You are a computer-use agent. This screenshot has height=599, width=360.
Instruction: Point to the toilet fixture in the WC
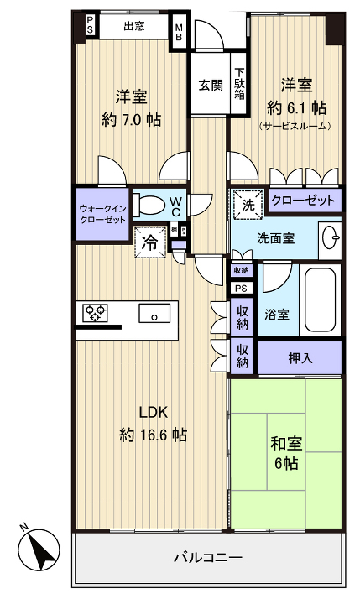click(x=151, y=206)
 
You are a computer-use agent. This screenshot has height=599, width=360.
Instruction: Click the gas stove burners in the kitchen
click(x=96, y=315)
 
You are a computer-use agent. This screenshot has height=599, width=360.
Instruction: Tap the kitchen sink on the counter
click(x=154, y=316)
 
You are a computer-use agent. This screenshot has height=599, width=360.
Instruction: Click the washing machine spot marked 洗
click(x=248, y=203)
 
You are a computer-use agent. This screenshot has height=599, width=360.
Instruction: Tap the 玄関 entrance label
click(x=210, y=85)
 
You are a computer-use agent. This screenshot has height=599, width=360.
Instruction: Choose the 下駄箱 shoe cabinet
click(x=240, y=84)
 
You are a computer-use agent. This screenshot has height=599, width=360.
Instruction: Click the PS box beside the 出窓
click(x=90, y=27)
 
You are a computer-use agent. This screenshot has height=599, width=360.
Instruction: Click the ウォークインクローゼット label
click(x=102, y=213)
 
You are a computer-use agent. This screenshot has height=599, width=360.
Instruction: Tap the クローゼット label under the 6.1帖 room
click(x=304, y=201)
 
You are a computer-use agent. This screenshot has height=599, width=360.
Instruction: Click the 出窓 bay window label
click(x=133, y=26)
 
